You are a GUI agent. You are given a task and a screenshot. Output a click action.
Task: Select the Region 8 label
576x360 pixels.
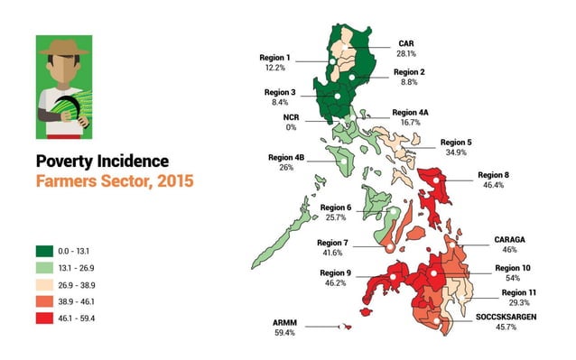point(494,174)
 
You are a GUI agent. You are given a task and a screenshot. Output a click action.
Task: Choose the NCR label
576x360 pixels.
point(290,117)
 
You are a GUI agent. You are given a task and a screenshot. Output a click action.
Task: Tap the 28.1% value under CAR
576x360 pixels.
point(406,52)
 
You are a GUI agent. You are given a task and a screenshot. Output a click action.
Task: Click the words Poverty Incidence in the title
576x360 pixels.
point(102,162)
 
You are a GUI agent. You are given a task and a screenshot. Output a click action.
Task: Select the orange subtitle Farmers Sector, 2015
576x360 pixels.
point(113,181)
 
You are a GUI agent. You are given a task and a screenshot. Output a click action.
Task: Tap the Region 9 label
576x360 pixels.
point(334,272)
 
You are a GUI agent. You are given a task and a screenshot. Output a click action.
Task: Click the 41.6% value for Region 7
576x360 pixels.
point(331,254)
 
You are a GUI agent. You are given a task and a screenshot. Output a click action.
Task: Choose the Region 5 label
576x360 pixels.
point(456,143)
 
